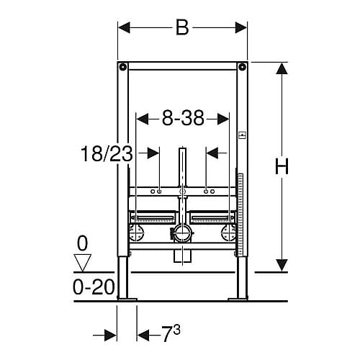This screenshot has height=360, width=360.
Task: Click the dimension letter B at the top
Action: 182,27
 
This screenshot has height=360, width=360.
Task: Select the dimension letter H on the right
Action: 282,166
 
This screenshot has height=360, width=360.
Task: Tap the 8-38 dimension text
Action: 183,118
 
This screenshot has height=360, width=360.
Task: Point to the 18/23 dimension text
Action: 107,153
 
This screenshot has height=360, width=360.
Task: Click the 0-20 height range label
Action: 94,287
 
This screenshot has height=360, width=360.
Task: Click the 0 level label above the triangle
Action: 83,243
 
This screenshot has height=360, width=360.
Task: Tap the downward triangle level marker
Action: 83,263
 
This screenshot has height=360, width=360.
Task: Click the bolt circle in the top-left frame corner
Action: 123,66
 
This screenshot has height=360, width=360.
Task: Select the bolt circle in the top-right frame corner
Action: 243,66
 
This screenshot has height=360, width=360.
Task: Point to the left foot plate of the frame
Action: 127,299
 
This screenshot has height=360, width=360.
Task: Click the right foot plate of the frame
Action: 238,299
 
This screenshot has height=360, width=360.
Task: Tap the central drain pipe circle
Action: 183,233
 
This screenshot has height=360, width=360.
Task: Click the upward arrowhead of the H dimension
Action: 282,68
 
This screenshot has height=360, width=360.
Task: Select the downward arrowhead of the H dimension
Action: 282,266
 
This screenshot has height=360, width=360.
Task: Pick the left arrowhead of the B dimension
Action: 125,27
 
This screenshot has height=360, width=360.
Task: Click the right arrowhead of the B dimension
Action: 241,27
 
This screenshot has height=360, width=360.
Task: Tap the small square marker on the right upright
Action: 243,136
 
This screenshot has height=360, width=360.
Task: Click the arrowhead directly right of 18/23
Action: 153,153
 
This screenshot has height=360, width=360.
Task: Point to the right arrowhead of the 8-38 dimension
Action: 223,119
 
